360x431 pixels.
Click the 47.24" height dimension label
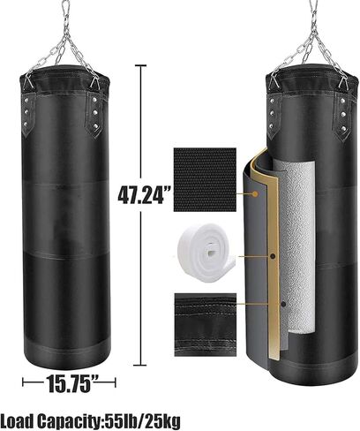coord(145,194)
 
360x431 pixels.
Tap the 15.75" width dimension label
coord(69,383)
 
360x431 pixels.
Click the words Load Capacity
coord(50,421)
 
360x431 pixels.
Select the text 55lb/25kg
coord(142,421)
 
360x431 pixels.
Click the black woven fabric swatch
coord(205,179)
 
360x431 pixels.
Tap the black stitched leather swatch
coord(205,325)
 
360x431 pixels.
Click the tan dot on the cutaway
coord(255,193)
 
